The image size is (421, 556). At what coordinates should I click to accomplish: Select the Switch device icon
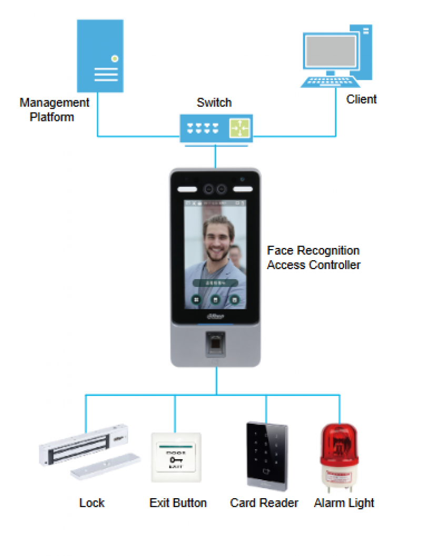[216, 128]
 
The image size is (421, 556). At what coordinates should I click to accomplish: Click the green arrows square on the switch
[239, 128]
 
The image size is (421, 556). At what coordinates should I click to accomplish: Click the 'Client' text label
[361, 99]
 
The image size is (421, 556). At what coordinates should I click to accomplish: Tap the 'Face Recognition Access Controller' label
[314, 258]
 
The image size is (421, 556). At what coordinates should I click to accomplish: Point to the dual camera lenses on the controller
[216, 188]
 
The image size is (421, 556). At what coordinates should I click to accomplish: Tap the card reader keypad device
[266, 456]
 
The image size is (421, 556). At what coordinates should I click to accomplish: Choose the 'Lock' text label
[92, 503]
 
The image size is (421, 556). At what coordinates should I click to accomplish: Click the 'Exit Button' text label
[178, 503]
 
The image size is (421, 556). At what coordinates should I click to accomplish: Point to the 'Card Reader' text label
[264, 503]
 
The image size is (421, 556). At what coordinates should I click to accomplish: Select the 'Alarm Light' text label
[344, 503]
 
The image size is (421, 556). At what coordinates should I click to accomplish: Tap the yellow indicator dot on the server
[114, 58]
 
